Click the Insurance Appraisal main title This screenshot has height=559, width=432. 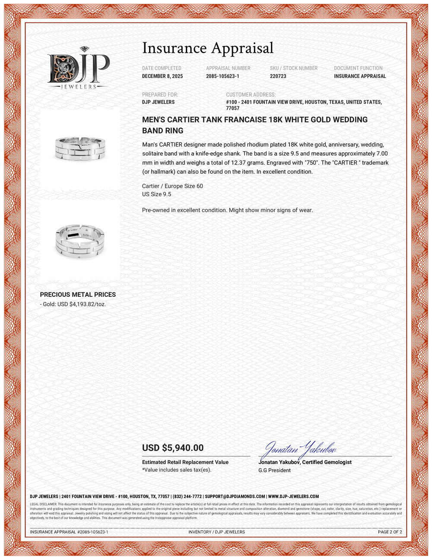click(x=208, y=48)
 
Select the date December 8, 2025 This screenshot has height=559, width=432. click(x=162, y=76)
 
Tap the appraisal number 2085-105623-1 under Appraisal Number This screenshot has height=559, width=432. click(x=222, y=76)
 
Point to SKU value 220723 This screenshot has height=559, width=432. click(x=278, y=76)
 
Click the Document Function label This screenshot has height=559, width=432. click(x=358, y=68)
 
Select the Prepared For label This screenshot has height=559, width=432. click(x=160, y=95)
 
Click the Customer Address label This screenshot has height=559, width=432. click(x=251, y=95)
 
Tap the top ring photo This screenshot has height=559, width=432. click(x=80, y=148)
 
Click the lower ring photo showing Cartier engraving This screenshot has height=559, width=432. click(x=80, y=241)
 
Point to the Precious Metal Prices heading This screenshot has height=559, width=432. click(x=78, y=295)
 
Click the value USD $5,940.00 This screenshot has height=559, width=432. click(x=173, y=448)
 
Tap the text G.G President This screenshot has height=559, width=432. click(x=274, y=470)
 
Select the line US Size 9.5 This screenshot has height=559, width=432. click(x=156, y=194)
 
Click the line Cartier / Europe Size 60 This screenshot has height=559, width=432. click(x=172, y=186)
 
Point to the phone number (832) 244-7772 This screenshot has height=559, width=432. click(x=187, y=497)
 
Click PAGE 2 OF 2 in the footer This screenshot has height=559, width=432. click(x=390, y=532)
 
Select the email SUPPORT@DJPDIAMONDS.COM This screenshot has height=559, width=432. click(x=235, y=497)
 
